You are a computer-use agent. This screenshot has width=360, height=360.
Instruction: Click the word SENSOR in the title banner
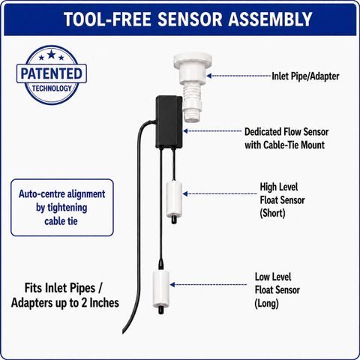(x=190, y=19)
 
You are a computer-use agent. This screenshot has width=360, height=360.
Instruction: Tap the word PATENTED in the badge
(x=52, y=73)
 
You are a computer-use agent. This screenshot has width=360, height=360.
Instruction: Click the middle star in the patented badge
(x=52, y=54)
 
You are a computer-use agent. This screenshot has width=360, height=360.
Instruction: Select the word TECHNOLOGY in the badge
(x=52, y=88)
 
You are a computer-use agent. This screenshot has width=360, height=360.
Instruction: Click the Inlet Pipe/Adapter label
(x=305, y=76)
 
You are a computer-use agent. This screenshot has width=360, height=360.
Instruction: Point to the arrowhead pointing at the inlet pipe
(x=209, y=76)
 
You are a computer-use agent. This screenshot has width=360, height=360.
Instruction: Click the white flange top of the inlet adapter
(x=193, y=58)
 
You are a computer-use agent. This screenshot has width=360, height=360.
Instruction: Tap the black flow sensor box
(x=169, y=121)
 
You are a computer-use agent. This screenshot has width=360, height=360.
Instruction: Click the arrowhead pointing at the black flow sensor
(x=186, y=130)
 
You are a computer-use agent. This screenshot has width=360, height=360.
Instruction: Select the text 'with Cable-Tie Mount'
(x=284, y=145)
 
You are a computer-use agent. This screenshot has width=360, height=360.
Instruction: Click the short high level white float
(x=174, y=199)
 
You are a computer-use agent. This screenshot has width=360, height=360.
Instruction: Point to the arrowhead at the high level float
(x=185, y=193)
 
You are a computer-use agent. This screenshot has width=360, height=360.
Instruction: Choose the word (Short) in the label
(x=272, y=214)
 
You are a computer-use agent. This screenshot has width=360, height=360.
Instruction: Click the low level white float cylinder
(x=161, y=289)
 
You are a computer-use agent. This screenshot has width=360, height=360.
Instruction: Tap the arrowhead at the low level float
(x=172, y=284)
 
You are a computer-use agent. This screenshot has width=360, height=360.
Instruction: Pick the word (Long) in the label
(x=266, y=304)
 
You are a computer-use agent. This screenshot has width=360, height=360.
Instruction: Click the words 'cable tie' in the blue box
(x=61, y=221)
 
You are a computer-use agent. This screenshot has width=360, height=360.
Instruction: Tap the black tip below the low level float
(x=160, y=310)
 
